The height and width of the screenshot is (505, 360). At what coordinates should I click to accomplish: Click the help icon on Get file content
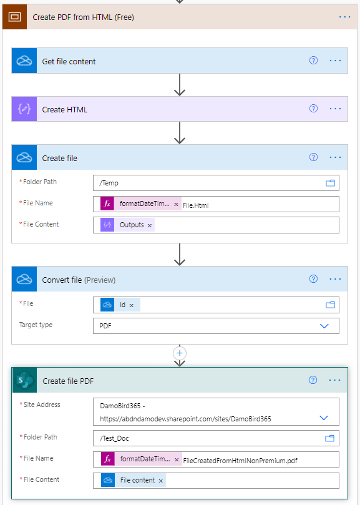pos(314,61)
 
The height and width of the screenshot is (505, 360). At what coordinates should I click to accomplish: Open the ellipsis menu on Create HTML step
pos(335,109)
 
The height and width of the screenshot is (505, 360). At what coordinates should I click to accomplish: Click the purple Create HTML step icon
pos(24,109)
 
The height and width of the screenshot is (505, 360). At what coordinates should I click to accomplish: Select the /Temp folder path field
pos(206,183)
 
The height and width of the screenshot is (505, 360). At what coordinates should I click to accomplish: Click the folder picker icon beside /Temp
pos(330,183)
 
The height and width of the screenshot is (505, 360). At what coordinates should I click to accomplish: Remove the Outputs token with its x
pos(150,225)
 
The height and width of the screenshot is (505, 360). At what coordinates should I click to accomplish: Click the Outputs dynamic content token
pos(131,225)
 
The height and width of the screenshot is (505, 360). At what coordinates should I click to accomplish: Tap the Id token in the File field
pos(122,305)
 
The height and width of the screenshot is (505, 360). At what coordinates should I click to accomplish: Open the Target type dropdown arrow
pos(324,326)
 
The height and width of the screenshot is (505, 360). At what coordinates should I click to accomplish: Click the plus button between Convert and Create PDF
pos(180,353)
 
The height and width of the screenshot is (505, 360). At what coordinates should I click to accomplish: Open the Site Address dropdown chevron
pos(324,418)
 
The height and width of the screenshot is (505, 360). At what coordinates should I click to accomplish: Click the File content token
pos(137,480)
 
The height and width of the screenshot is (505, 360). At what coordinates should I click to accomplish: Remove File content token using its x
pos(161,480)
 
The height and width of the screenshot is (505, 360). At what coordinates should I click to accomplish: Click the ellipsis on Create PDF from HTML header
pos(345,17)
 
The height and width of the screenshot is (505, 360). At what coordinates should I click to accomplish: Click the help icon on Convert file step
pos(314,279)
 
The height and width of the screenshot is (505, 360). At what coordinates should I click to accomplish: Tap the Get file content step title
pos(69,61)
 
